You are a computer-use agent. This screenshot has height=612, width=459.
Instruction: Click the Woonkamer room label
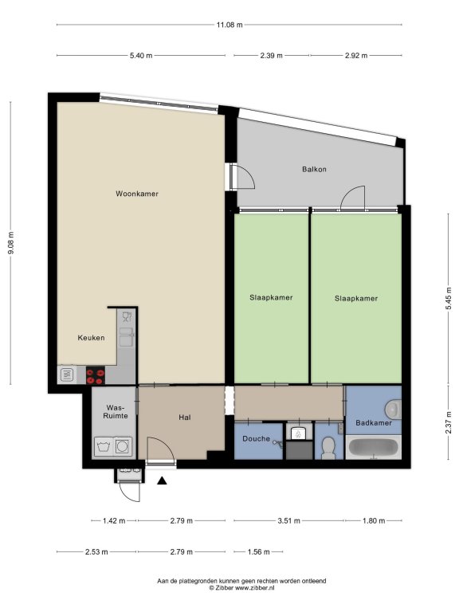(x=137, y=194)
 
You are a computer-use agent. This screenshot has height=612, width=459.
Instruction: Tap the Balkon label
(x=314, y=170)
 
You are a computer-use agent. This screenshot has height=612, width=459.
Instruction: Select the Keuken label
(x=91, y=338)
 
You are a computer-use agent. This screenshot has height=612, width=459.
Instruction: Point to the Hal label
(x=185, y=418)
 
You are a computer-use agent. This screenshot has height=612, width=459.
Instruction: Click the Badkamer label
(x=374, y=422)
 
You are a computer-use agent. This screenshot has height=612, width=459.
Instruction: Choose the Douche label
(x=256, y=439)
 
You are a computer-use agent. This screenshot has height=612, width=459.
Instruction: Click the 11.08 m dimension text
(x=229, y=25)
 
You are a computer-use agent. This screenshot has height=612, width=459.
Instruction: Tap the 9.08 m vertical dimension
(x=11, y=243)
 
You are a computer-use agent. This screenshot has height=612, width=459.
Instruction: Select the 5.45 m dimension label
(x=449, y=298)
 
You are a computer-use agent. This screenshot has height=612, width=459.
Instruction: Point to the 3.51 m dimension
(x=289, y=520)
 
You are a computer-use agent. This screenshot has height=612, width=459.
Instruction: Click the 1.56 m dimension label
(x=259, y=552)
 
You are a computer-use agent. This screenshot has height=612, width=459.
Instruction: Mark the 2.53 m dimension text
(x=96, y=552)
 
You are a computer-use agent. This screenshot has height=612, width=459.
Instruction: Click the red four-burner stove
(x=96, y=375)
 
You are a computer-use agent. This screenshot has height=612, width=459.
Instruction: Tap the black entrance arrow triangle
(x=162, y=481)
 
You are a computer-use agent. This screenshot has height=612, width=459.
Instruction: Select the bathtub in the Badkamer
(x=374, y=447)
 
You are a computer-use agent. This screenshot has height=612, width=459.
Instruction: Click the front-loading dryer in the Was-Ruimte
(x=123, y=446)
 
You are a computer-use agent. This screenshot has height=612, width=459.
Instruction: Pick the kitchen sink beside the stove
(x=67, y=375)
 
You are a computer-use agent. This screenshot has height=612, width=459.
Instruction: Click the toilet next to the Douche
(x=328, y=448)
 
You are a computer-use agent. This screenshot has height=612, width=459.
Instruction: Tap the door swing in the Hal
(x=161, y=449)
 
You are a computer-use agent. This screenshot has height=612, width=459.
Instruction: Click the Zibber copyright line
(x=241, y=587)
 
